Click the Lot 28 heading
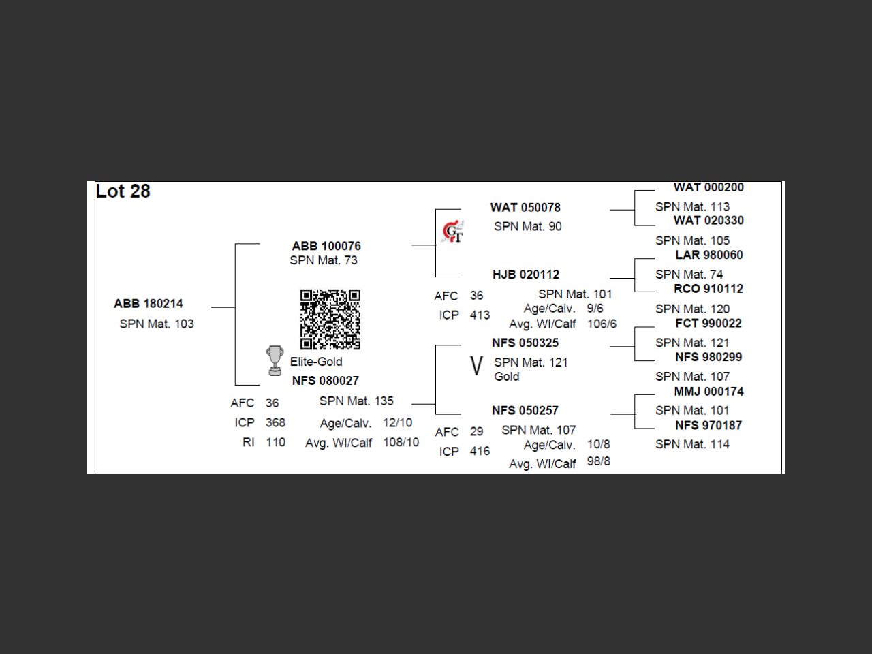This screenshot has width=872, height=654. coord(123,191)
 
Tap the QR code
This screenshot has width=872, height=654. coord(330,320)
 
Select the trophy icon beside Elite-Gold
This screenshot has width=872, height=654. coord(275,360)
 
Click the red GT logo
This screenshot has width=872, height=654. coord(453,232)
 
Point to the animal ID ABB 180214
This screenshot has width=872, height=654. coord(149,304)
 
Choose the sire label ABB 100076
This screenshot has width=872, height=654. coord(326,246)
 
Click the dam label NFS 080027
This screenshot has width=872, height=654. coord(325,381)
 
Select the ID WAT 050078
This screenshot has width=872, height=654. coord(525,208)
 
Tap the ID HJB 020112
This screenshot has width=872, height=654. coord(526,275)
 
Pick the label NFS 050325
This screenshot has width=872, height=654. coord(525,343)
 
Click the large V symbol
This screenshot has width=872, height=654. coord(476,366)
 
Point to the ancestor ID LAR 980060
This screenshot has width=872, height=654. coord(709,255)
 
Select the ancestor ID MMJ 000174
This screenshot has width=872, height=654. coord(708,392)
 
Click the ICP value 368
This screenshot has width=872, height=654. coord(275,422)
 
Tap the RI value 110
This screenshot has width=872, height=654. coord(275,442)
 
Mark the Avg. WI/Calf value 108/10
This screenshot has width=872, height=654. coord(401,442)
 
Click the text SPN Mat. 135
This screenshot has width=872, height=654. coord(356,401)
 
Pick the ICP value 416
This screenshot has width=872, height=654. coord(480,451)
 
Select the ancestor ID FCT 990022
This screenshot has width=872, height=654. coord(708,323)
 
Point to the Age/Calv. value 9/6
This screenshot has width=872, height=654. coord(595,309)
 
